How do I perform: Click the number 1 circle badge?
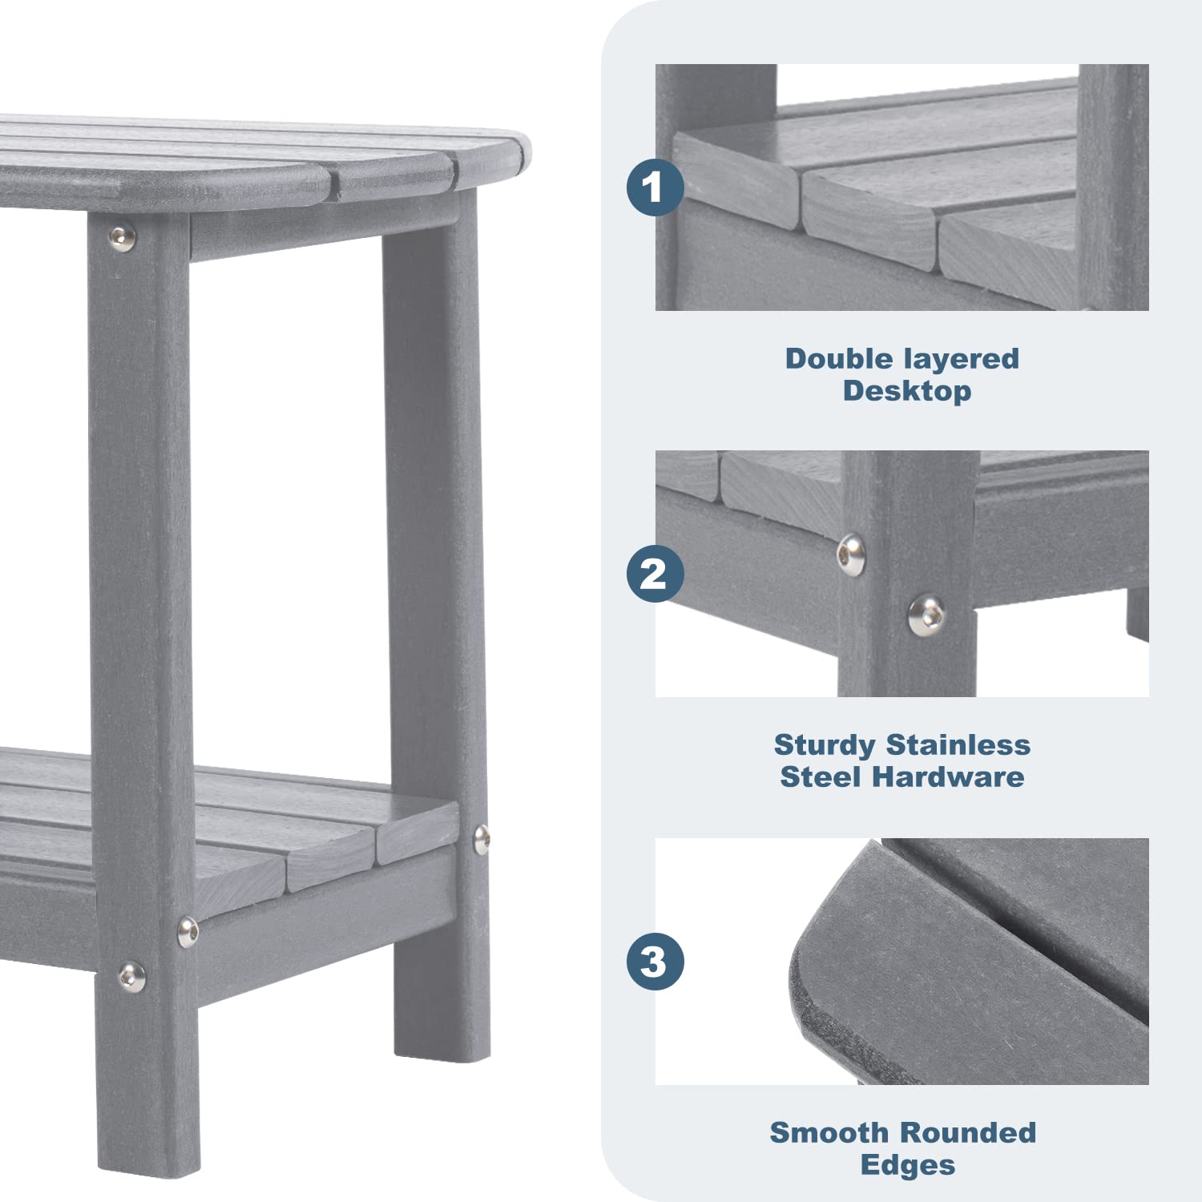(x=655, y=188)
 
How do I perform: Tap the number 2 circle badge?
(x=655, y=574)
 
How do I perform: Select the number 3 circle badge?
(x=655, y=962)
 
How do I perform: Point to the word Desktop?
(x=906, y=391)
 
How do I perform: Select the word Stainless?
(x=958, y=744)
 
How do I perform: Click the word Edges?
(x=907, y=1165)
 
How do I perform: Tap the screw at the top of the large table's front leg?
(x=122, y=237)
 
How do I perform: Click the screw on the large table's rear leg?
(x=481, y=839)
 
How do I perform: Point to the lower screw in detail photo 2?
(x=926, y=615)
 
